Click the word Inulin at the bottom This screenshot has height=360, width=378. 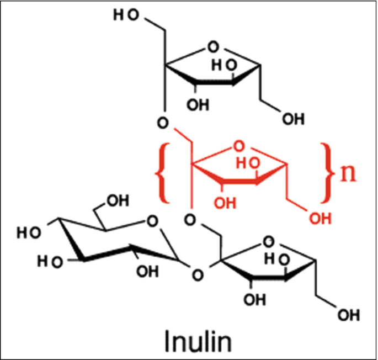198,339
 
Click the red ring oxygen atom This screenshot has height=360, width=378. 238,146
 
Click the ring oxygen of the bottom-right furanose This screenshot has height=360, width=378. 269,240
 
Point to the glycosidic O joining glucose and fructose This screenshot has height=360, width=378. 195,272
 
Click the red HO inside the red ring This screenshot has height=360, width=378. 245,162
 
